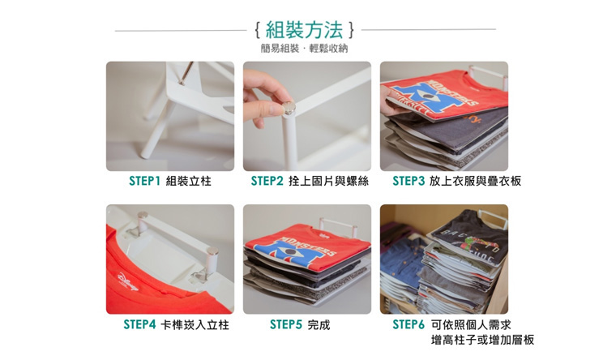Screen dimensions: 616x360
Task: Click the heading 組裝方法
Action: tap(305, 30)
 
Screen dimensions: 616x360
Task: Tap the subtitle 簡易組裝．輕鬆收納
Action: tap(304, 49)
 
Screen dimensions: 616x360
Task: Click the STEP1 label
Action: tap(144, 181)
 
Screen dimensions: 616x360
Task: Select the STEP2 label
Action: tap(267, 181)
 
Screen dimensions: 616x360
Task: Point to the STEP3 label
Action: tap(409, 181)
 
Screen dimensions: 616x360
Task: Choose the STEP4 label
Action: tap(140, 324)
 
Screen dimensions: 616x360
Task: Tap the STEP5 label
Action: tap(286, 324)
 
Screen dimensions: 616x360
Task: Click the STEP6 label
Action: tap(409, 324)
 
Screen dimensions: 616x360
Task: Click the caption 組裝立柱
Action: tap(189, 181)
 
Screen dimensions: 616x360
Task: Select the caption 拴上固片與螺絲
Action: tap(328, 181)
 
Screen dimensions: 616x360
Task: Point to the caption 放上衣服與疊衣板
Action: tap(475, 181)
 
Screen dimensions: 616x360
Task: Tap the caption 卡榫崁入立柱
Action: tap(195, 324)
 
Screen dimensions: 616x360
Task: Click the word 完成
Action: tap(319, 324)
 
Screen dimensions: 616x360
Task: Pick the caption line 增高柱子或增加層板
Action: tap(482, 340)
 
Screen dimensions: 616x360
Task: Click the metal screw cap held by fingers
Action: tap(289, 108)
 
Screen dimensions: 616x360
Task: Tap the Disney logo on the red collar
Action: tap(128, 282)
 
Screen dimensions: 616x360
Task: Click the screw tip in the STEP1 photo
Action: tap(182, 83)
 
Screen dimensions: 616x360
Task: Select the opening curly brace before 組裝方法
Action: tap(257, 30)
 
